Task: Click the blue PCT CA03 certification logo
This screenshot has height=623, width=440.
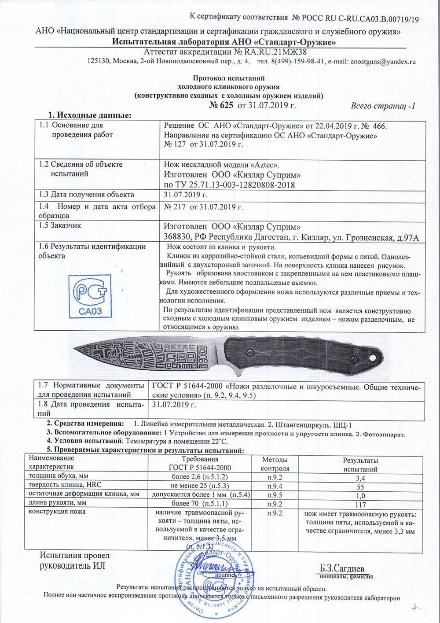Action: [x=91, y=295]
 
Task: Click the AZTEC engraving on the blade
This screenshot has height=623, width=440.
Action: [x=181, y=347]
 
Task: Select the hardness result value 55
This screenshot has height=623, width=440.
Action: [x=360, y=487]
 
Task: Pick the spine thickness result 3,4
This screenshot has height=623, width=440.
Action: [x=360, y=478]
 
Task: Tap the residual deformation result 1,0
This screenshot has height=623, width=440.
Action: [x=360, y=495]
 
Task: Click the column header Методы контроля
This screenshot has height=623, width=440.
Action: [x=275, y=464]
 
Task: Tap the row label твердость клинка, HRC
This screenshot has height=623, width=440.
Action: [x=65, y=485]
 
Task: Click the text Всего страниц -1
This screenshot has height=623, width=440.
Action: [x=383, y=106]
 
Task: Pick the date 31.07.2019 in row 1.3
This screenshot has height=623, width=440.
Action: [x=185, y=195]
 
